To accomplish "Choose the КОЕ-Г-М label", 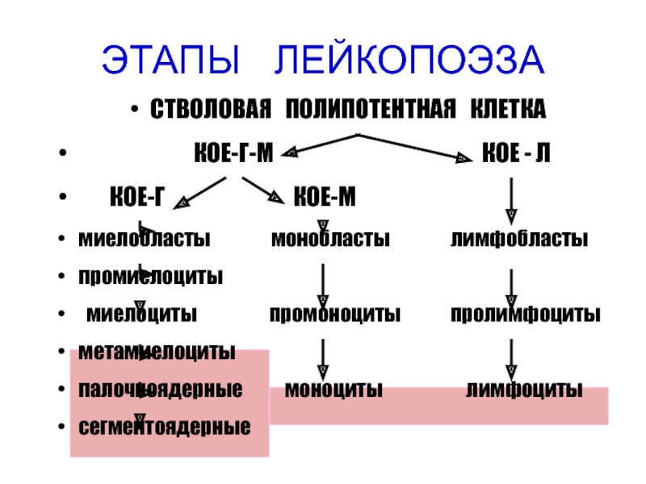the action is coord(234,152).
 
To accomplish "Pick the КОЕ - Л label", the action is coord(516,152).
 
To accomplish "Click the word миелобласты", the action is coord(144,240).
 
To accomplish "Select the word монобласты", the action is coord(330,240).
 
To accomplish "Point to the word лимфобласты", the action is coord(518,240).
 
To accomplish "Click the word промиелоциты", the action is coord(150,277).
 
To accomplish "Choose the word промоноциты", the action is coord(334,313).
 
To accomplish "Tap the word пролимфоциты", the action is coord(525,313).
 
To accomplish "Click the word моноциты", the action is coord(334,390).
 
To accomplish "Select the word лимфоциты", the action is coord(524,390).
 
